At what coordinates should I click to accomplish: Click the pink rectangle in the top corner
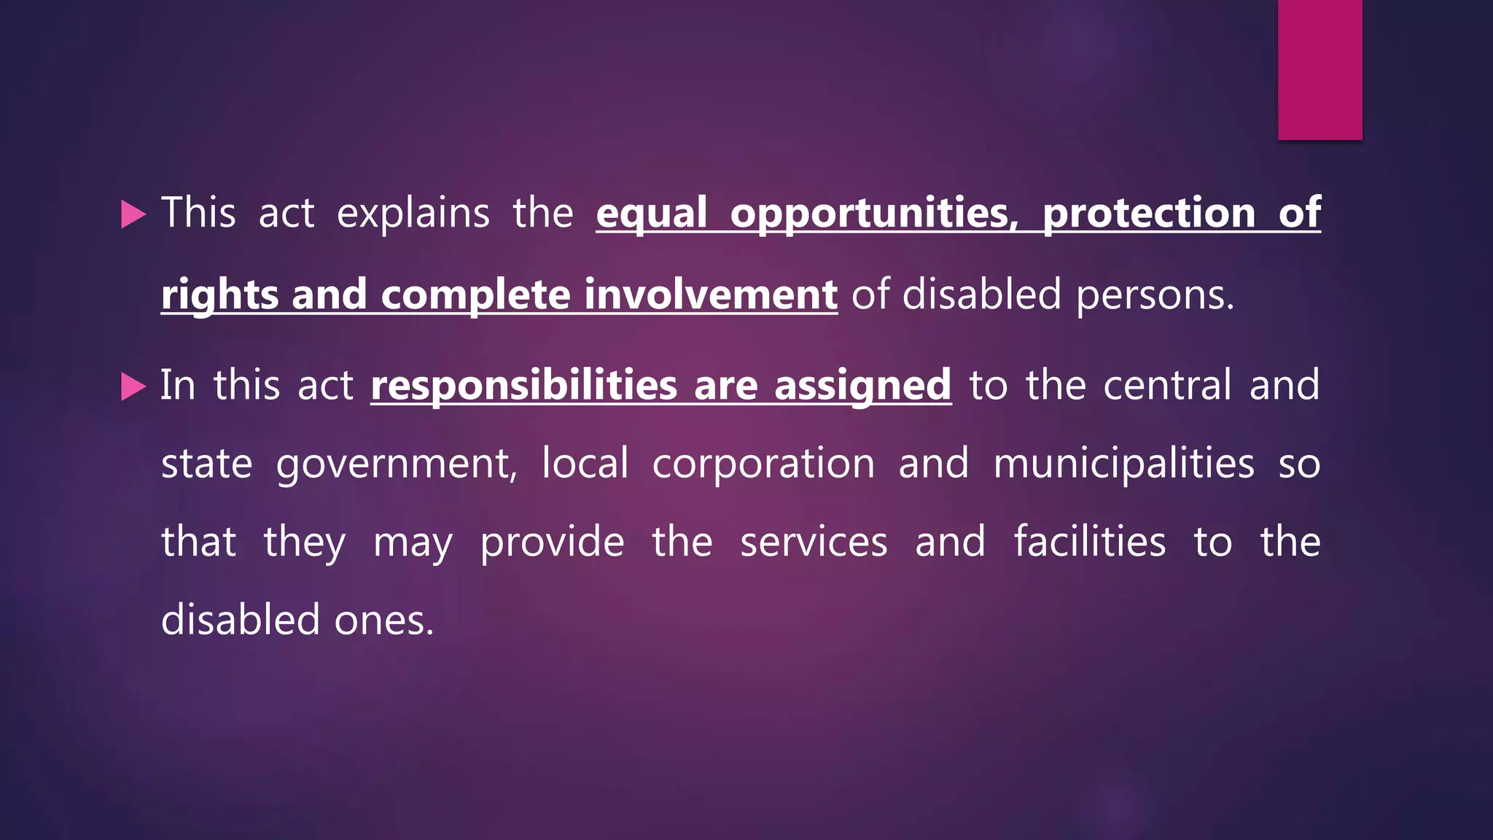pyautogui.click(x=1319, y=69)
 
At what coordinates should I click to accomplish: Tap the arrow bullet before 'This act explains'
pyautogui.click(x=133, y=214)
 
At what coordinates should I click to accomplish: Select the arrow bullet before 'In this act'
pyautogui.click(x=133, y=386)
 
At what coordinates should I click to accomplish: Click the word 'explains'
pyautogui.click(x=413, y=214)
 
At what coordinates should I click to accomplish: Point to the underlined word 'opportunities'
pyautogui.click(x=873, y=214)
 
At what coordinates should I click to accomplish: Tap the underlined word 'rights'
pyautogui.click(x=219, y=295)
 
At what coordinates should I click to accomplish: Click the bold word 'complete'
pyautogui.click(x=475, y=295)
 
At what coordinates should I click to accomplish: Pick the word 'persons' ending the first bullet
pyautogui.click(x=1154, y=295)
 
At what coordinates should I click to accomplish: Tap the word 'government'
pyautogui.click(x=397, y=464)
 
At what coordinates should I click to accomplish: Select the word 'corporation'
pyautogui.click(x=763, y=464)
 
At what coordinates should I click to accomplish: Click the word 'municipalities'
pyautogui.click(x=1123, y=464)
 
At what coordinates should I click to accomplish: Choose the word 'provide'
pyautogui.click(x=552, y=542)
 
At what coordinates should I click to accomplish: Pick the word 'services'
pyautogui.click(x=814, y=542)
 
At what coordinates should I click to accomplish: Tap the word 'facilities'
pyautogui.click(x=1089, y=541)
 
